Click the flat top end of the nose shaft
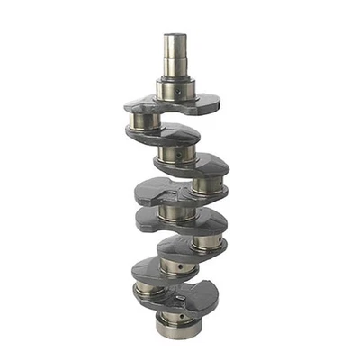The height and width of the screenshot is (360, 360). pyautogui.click(x=175, y=36)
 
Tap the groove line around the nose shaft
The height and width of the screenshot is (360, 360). pyautogui.click(x=175, y=56)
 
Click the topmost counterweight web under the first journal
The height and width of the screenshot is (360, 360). pyautogui.click(x=171, y=103)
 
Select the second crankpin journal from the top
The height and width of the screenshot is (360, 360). pyautogui.click(x=209, y=184)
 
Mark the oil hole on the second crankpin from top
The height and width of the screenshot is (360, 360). pyautogui.click(x=200, y=187)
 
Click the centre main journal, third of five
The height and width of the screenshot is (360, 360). pyautogui.click(x=174, y=212)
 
